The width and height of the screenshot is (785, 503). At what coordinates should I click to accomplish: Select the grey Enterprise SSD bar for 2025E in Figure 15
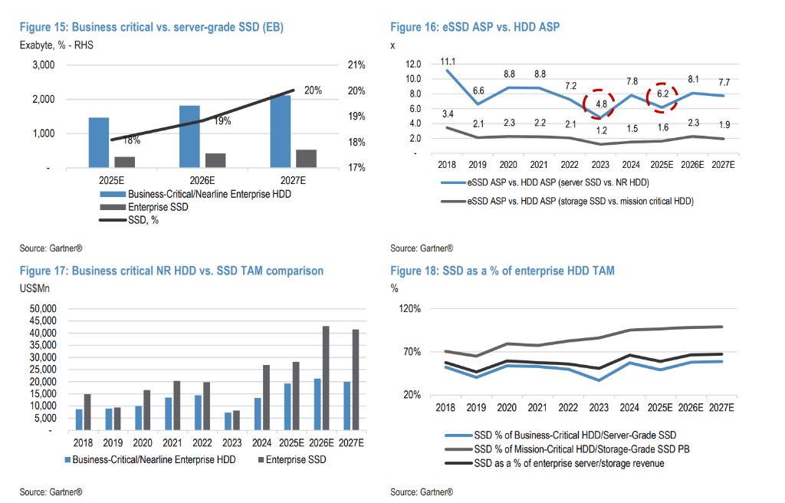(x=125, y=162)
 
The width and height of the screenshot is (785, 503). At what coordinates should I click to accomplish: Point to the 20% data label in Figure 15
(x=312, y=90)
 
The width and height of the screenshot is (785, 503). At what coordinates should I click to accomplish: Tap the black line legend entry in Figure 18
(x=567, y=463)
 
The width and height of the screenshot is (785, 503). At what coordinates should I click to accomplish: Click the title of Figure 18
(x=502, y=271)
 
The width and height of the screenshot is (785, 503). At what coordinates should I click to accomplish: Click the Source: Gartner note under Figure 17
(x=51, y=491)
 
